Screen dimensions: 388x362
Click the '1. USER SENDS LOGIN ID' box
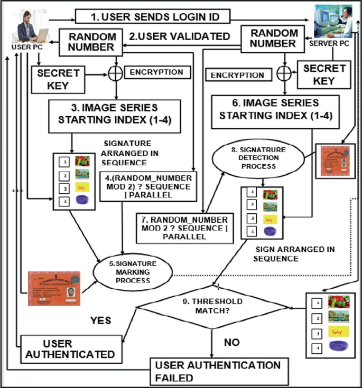(153, 17)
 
